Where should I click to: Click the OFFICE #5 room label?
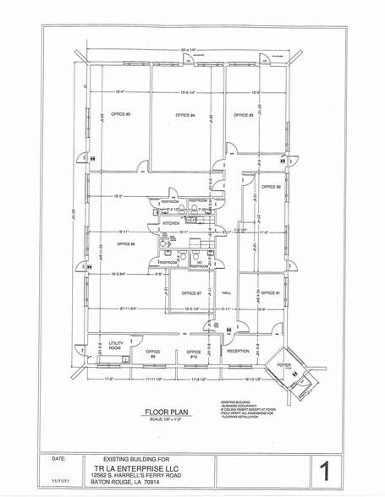click(120, 114)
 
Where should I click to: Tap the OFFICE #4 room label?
click(185, 115)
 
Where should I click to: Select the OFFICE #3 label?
click(245, 115)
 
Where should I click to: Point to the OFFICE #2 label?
click(271, 186)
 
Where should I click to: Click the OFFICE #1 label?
click(271, 292)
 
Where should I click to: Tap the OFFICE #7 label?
click(190, 293)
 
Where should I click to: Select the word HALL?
click(226, 293)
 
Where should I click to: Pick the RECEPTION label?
click(237, 351)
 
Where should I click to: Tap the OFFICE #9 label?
click(153, 353)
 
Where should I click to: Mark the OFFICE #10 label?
click(194, 353)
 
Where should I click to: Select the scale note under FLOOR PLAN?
click(170, 420)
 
